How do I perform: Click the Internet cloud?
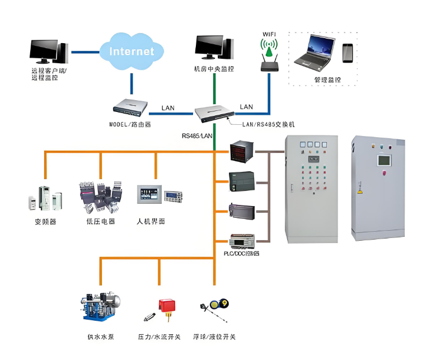coord(132,51)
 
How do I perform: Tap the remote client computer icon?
coord(49,52)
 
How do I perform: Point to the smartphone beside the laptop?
coord(348,53)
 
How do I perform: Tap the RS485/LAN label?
coord(197,135)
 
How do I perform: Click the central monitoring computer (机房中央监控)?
coord(213,50)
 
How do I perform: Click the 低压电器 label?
coord(101,222)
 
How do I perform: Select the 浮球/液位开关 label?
coord(215,337)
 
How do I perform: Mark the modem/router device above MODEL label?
coord(130,106)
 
